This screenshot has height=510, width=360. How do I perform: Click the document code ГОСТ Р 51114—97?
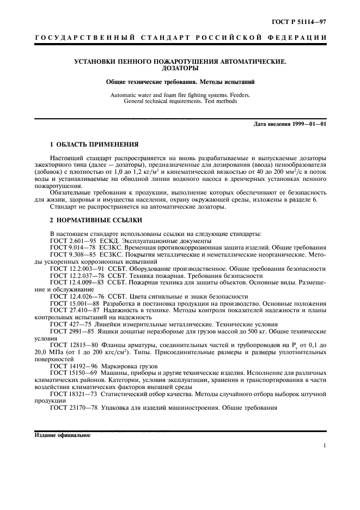pos(304,21)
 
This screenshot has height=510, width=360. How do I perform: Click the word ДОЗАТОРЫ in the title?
pos(180,69)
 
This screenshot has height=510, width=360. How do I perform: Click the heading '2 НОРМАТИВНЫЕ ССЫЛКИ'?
pos(94,220)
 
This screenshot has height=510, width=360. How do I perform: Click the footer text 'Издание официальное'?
pos(63,435)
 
